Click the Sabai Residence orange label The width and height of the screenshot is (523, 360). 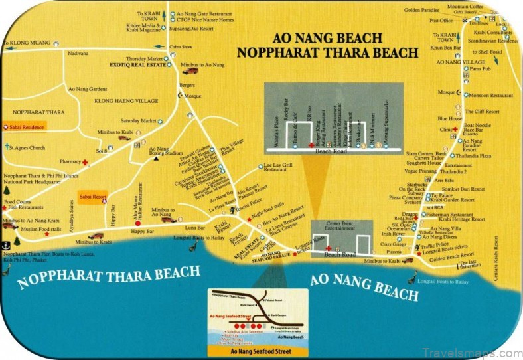[27, 125]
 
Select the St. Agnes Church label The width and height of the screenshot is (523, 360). [29, 146]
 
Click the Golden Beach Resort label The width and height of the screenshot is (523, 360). [452, 256]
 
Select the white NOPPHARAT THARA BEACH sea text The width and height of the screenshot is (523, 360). [109, 276]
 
